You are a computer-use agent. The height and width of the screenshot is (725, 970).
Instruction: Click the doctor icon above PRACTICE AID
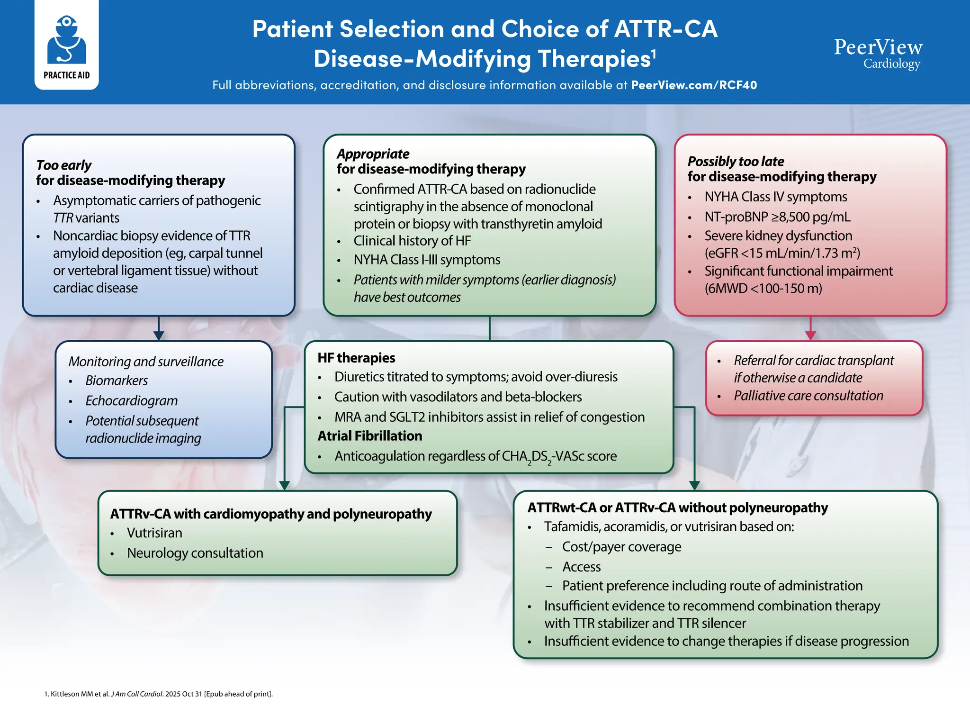pyautogui.click(x=66, y=40)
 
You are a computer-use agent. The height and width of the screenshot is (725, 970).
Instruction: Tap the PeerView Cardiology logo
pyautogui.click(x=878, y=54)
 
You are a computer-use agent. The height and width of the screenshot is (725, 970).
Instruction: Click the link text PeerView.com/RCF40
pyautogui.click(x=693, y=85)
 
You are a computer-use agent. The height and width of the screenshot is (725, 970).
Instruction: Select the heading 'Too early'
pyautogui.click(x=63, y=165)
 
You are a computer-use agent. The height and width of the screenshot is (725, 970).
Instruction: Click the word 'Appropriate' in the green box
pyautogui.click(x=373, y=154)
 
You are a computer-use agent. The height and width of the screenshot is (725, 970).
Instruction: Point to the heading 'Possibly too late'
pyautogui.click(x=736, y=161)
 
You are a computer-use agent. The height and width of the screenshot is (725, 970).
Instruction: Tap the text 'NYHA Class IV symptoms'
pyautogui.click(x=775, y=197)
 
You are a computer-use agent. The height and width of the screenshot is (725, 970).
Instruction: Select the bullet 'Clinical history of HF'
pyautogui.click(x=412, y=241)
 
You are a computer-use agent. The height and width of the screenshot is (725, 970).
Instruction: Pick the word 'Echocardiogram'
pyautogui.click(x=131, y=400)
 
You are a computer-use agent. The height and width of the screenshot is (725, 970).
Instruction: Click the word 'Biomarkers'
pyautogui.click(x=117, y=381)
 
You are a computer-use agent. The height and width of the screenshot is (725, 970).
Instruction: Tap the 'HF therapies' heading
pyautogui.click(x=356, y=358)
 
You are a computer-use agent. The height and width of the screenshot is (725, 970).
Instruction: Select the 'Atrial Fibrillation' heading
pyautogui.click(x=369, y=436)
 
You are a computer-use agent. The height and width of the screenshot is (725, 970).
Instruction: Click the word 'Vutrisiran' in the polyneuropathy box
pyautogui.click(x=154, y=533)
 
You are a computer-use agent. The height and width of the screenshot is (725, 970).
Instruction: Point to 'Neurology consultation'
pyautogui.click(x=195, y=553)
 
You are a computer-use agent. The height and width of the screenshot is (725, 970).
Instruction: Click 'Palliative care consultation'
pyautogui.click(x=808, y=396)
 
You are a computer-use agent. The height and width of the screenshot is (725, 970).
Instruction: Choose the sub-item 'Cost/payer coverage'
pyautogui.click(x=621, y=547)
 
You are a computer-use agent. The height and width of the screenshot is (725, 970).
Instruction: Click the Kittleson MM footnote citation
pyautogui.click(x=158, y=694)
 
